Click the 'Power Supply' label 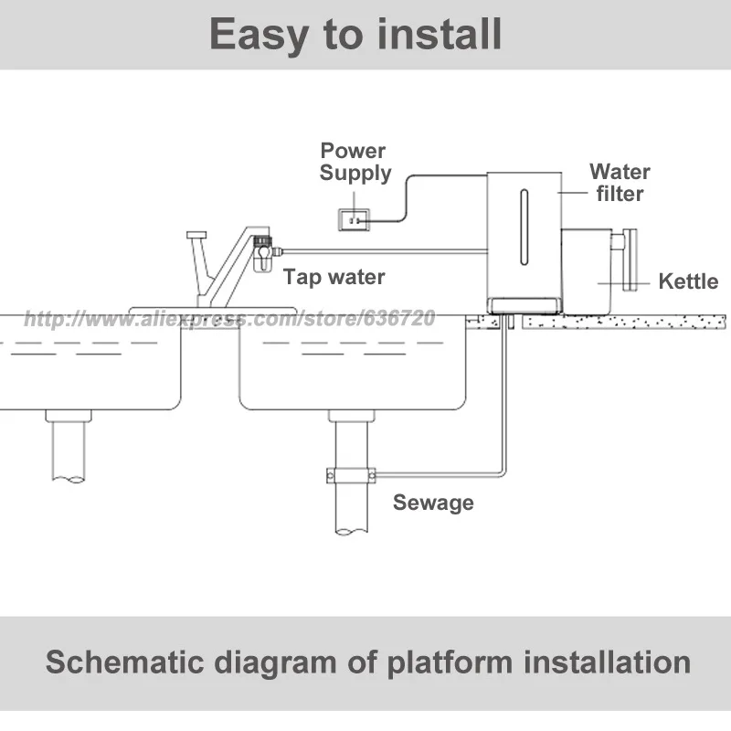(355, 162)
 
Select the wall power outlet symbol (354, 218)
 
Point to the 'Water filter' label (620, 182)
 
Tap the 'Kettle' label (688, 281)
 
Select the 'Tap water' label (334, 276)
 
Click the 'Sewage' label (433, 502)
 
